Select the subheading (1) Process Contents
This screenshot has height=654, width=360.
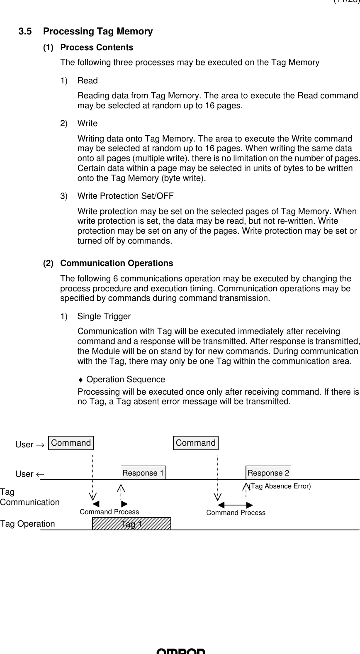click(x=88, y=48)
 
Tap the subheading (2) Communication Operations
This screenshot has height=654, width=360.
click(x=108, y=264)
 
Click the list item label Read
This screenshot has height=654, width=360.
click(x=88, y=81)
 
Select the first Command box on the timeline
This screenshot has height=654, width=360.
click(x=71, y=443)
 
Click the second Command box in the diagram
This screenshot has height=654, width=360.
click(x=196, y=443)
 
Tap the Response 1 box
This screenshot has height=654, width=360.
click(x=143, y=473)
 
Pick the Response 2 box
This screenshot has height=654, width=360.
click(x=268, y=473)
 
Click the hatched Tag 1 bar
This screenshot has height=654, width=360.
click(x=131, y=524)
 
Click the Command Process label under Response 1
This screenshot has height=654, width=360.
click(x=109, y=512)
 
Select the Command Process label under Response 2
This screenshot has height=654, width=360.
click(x=236, y=513)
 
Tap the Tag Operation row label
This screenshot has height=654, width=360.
click(x=27, y=524)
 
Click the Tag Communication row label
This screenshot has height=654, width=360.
click(x=29, y=497)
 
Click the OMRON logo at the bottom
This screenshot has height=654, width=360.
click(x=180, y=651)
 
